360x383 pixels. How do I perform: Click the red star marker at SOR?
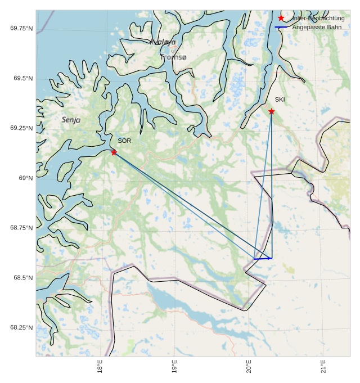[x=114, y=152]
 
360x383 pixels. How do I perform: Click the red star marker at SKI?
[x=272, y=111]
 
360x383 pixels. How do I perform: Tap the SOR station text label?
[x=124, y=141]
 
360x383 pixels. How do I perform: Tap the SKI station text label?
[x=280, y=100]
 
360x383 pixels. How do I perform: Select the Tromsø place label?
[x=173, y=57]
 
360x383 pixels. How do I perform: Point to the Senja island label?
[x=71, y=120]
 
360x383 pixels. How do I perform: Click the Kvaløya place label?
[x=163, y=42]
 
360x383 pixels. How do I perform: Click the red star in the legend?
[x=281, y=18]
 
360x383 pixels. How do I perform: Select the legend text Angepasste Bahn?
[x=317, y=27]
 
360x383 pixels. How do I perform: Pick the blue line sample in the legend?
[x=281, y=27]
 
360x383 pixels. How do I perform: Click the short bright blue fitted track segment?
[x=263, y=258]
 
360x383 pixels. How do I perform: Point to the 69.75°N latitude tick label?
[x=21, y=28]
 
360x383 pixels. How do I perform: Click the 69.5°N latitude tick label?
[x=23, y=78]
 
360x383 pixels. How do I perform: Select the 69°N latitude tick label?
[x=26, y=178]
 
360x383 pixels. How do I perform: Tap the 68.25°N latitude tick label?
[x=21, y=328]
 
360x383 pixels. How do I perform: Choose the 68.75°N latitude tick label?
[x=21, y=228]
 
